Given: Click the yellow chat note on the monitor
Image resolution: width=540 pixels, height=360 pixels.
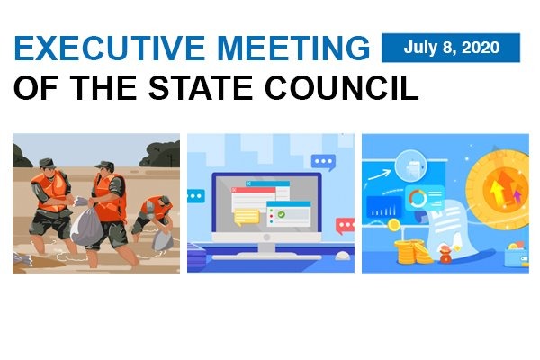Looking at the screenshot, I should point(246,216).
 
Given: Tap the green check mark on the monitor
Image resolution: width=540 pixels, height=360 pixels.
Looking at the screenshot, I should point(282,215).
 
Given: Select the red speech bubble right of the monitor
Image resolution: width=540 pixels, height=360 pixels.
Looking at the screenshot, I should point(344,225).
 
